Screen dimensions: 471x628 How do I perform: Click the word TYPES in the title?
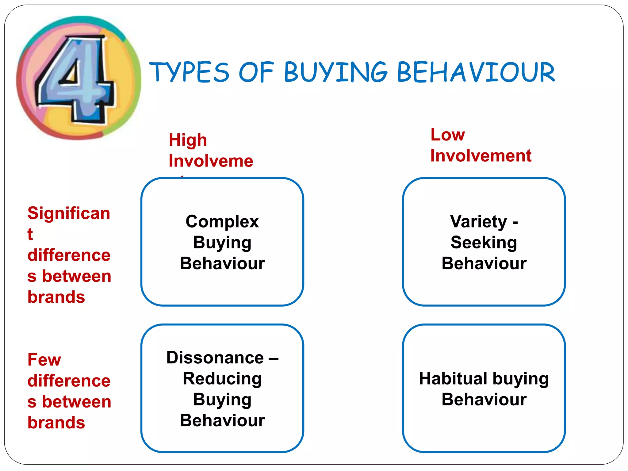click(x=189, y=72)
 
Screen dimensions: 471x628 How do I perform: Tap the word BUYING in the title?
click(x=336, y=72)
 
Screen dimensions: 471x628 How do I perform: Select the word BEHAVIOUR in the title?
click(x=476, y=72)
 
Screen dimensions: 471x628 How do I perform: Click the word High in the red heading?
click(x=188, y=140)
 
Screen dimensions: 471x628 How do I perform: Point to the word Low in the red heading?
click(x=448, y=135)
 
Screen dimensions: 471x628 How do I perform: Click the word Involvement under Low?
click(x=481, y=155)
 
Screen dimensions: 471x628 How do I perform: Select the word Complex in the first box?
click(x=222, y=221)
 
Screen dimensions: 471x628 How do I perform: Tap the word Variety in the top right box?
click(x=478, y=221)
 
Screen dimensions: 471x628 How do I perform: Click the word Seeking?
click(x=484, y=243)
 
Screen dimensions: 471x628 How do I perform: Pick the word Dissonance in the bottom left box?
click(x=215, y=358)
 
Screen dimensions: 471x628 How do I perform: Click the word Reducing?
click(x=222, y=378)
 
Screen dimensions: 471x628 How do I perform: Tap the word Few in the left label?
click(x=44, y=360)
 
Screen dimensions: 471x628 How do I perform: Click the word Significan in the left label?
click(x=69, y=213)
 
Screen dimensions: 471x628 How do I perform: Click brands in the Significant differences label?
click(x=56, y=297)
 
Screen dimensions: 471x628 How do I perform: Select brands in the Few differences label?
click(x=56, y=423)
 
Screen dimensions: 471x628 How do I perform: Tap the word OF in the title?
click(x=256, y=72)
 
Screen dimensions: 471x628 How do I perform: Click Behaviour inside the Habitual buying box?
click(x=484, y=400)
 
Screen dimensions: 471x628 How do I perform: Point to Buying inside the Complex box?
click(x=222, y=243)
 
